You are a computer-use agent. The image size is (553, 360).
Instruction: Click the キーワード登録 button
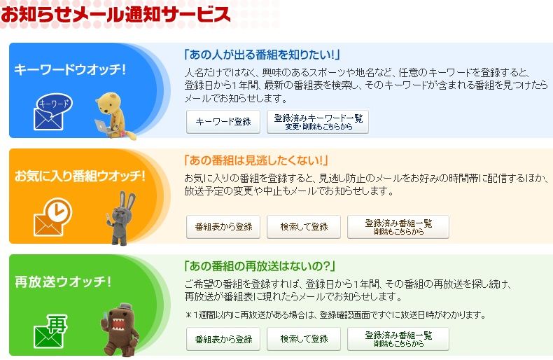coord(223,122)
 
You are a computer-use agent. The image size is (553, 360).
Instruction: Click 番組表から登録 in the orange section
coord(223,227)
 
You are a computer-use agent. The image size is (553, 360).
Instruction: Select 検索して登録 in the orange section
coord(304,227)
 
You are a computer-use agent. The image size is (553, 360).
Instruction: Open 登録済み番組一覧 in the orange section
coord(398,227)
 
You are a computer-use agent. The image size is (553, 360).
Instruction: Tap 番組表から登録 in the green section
coord(223,339)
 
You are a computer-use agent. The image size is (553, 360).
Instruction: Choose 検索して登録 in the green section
coord(304,339)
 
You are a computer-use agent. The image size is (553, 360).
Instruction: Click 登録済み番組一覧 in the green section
coord(398,339)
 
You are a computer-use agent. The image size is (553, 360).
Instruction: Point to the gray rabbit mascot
coord(121,218)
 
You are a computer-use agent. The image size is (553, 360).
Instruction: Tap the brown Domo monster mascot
coord(120,330)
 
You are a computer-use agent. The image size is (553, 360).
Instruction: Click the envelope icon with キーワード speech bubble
coord(52,111)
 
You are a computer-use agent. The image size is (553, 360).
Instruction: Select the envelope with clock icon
coord(52,216)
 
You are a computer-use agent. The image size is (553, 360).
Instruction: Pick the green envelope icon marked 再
coord(50,331)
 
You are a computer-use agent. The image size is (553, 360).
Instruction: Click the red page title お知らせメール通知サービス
coord(115,14)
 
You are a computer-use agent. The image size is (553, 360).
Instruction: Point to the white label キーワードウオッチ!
coord(70,69)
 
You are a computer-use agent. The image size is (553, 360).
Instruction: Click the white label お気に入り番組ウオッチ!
coord(80,175)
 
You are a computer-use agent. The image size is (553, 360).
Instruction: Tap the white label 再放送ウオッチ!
coord(63,282)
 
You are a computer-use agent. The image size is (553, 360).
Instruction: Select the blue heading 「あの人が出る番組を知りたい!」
coord(262,55)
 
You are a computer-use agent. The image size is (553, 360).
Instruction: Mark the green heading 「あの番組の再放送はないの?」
coord(260,265)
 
